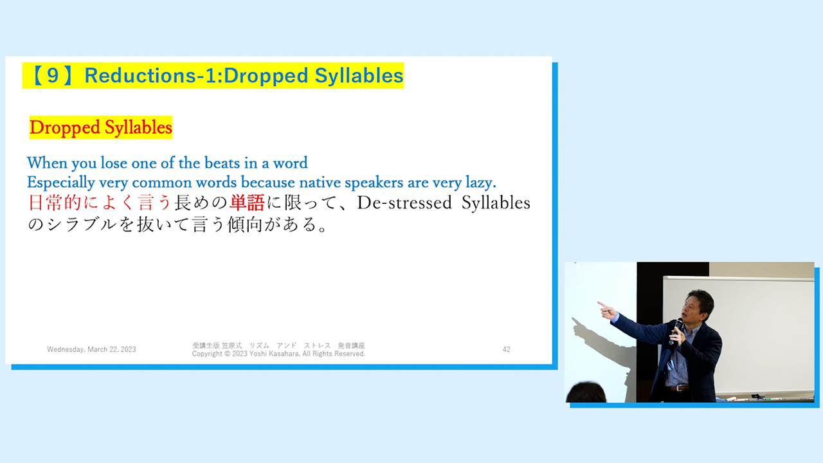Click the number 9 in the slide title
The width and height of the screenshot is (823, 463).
53,75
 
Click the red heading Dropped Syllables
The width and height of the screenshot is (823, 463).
101,127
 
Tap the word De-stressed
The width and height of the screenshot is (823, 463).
404,203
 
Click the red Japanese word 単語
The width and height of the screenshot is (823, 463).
247,203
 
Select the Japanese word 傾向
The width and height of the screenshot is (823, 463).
246,224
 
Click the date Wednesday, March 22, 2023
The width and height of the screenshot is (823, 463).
91,349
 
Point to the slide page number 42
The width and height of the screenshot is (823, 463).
506,349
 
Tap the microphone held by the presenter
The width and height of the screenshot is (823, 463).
675,331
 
